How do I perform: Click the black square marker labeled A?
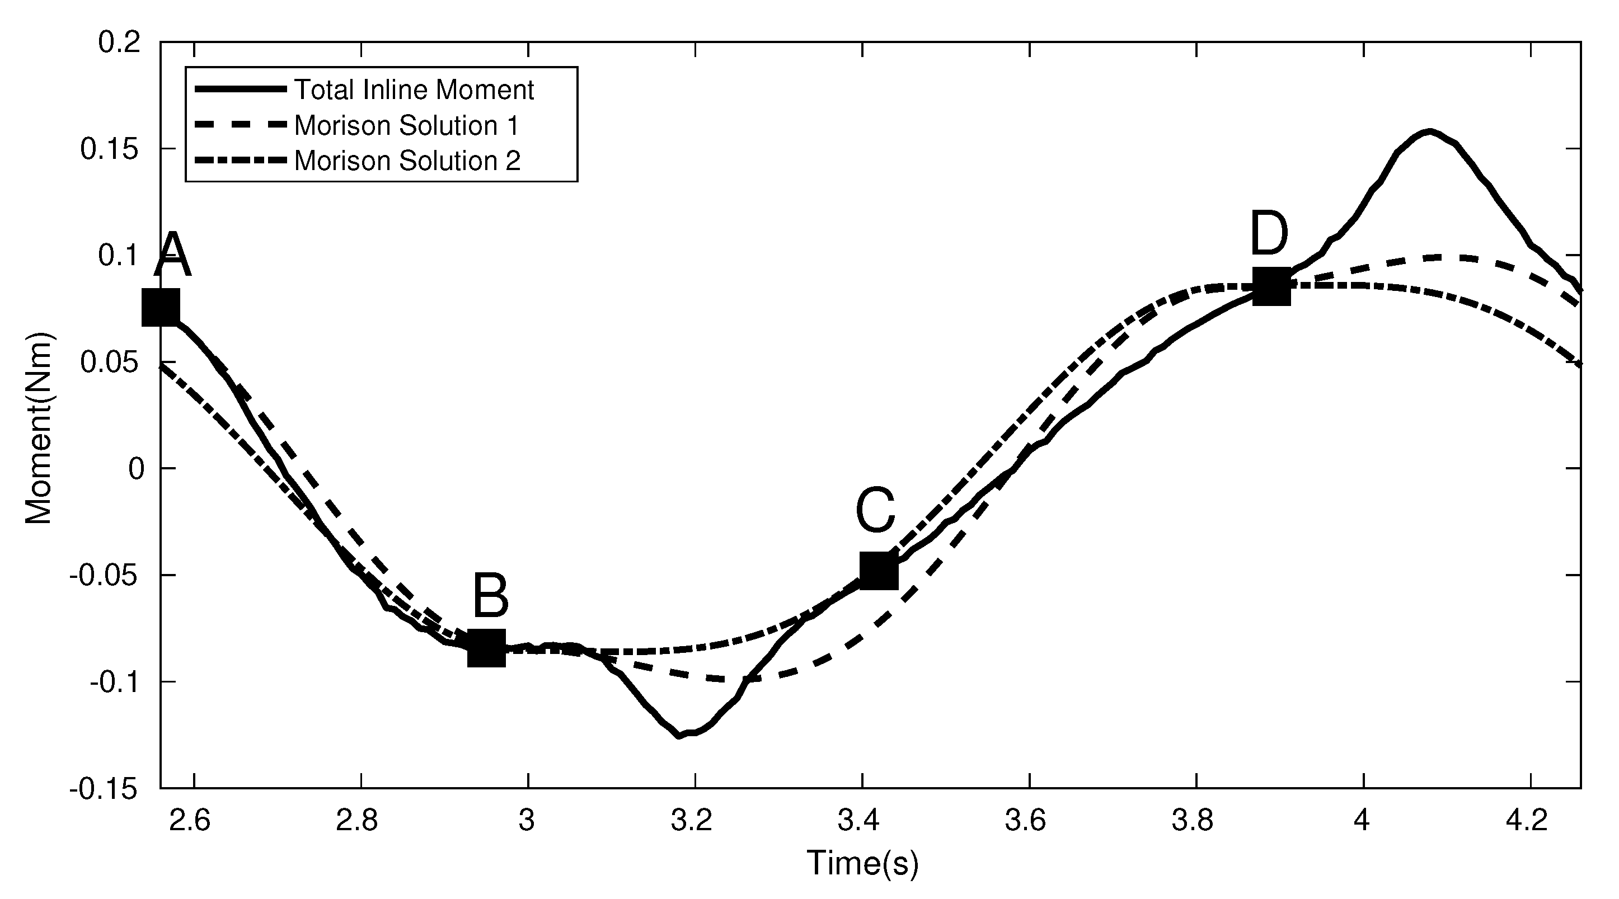160,308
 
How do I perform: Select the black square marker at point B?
487,648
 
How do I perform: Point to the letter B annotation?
490,596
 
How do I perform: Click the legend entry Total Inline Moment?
414,90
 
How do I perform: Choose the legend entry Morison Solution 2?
407,161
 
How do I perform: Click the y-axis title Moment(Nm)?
39,429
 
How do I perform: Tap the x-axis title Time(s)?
862,863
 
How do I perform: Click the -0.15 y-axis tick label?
104,789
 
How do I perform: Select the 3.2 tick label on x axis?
691,821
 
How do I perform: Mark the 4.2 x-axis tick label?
1527,821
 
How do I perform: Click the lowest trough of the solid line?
679,736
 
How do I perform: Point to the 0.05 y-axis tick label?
111,363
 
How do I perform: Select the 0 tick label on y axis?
137,469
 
